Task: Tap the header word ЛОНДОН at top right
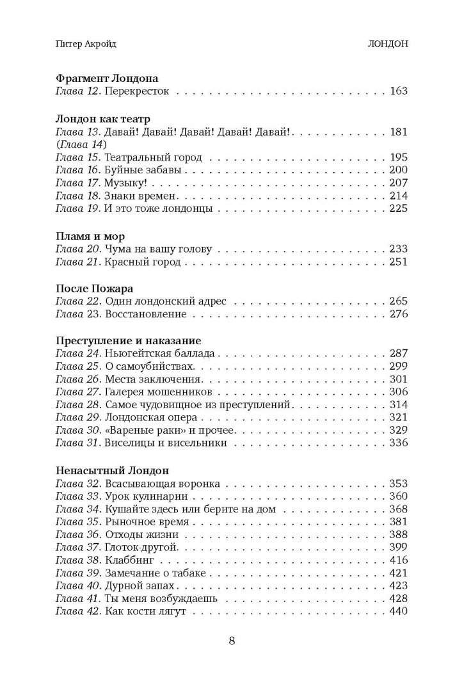point(385,45)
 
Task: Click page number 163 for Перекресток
point(398,91)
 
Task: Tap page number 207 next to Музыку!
point(398,182)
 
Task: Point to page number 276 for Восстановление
point(398,314)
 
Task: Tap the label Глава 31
point(75,441)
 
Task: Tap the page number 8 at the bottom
point(232,641)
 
